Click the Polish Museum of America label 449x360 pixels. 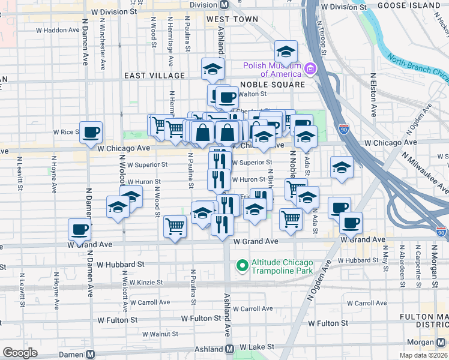pyautogui.click(x=272, y=70)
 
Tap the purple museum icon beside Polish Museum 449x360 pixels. pyautogui.click(x=310, y=70)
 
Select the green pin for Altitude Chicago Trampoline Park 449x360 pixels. pyautogui.click(x=243, y=264)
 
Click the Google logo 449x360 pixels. pyautogui.click(x=20, y=353)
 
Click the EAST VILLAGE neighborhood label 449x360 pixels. pyautogui.click(x=154, y=76)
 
